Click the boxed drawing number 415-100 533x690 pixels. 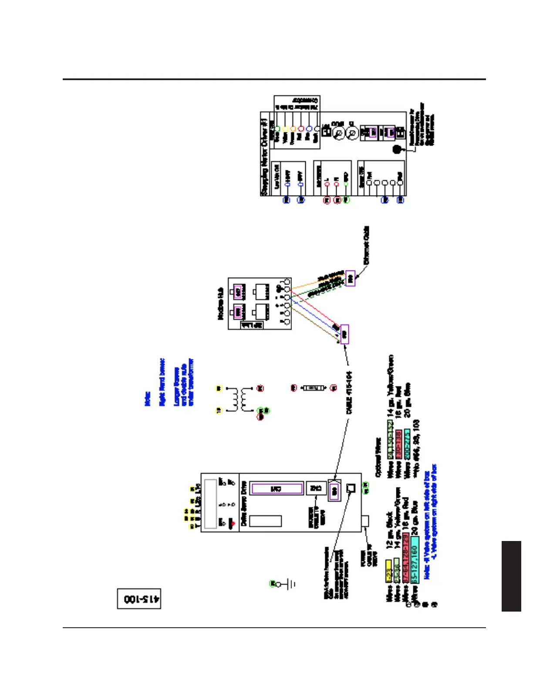[139, 599]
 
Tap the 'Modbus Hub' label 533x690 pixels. [221, 304]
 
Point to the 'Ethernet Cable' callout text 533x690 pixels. [367, 245]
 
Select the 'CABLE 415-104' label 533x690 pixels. [349, 392]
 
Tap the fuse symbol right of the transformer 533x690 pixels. [314, 387]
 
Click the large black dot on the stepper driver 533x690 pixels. [398, 149]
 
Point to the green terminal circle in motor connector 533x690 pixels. [277, 129]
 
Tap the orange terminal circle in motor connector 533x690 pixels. [293, 129]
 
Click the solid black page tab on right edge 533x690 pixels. [511, 576]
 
